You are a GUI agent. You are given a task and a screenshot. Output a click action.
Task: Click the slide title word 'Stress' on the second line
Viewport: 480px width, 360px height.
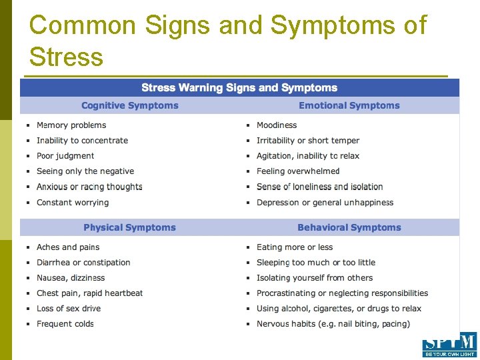[x=67, y=57]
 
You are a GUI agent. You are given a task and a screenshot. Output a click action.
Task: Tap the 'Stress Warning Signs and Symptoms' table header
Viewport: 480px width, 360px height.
[x=239, y=88]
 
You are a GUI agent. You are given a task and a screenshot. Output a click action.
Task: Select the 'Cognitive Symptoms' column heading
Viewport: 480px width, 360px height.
[x=130, y=105]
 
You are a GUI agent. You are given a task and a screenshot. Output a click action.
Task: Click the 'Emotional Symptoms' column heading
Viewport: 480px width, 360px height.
[x=349, y=105]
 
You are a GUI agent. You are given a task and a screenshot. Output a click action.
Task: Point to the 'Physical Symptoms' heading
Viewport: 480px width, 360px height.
[x=130, y=227]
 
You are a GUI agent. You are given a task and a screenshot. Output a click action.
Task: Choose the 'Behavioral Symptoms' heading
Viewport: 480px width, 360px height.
[x=349, y=227]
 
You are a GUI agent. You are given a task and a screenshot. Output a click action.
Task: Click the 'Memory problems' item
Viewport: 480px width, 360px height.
[x=71, y=125]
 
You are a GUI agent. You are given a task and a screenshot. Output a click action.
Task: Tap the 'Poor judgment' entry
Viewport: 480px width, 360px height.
[x=65, y=156]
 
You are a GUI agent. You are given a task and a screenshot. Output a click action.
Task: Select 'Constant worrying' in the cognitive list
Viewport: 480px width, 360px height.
[x=73, y=203]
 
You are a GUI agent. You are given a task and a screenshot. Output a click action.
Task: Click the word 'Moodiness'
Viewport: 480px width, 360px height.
[x=277, y=125]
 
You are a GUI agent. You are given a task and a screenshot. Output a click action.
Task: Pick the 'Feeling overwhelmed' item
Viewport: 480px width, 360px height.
[x=298, y=171]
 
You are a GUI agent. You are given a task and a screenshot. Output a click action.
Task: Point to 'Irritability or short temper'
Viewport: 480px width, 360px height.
[x=308, y=141]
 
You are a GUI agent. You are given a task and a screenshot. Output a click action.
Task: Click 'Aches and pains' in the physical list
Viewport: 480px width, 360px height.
[x=68, y=247]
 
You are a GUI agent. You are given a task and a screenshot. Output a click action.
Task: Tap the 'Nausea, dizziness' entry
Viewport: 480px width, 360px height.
[x=71, y=278]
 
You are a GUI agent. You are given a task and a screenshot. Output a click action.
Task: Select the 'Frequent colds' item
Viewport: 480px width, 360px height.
[x=65, y=324]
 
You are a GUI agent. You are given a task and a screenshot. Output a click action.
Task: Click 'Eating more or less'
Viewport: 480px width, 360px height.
[x=295, y=247]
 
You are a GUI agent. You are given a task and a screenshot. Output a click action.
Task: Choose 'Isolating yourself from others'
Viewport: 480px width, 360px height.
[x=315, y=278]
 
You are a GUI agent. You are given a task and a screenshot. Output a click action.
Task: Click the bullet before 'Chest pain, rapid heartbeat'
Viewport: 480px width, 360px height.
[x=28, y=293]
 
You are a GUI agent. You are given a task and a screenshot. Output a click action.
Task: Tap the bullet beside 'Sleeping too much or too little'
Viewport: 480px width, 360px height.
[x=248, y=263]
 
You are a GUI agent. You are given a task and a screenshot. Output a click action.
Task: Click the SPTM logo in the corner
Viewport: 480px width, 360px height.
[x=449, y=345]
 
